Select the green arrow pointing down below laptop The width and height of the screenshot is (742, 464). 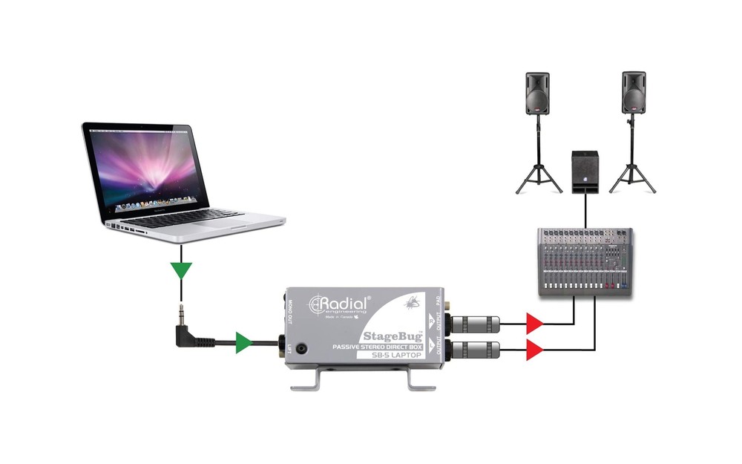point(180,269)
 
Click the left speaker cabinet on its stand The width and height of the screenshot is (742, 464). point(538,94)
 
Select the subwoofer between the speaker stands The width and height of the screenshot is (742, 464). point(585,171)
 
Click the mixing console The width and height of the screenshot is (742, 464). point(585,262)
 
